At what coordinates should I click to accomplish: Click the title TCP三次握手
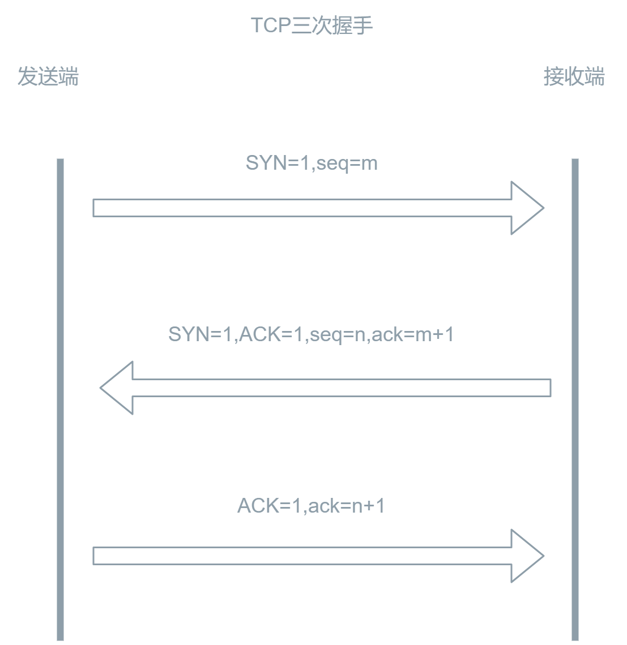click(x=312, y=26)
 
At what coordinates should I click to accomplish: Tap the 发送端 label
click(x=48, y=76)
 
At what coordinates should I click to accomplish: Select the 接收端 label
click(x=574, y=76)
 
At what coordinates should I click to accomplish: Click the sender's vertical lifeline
click(x=61, y=396)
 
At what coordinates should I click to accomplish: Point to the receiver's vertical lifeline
click(x=575, y=396)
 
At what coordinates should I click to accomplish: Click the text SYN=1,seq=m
click(x=312, y=164)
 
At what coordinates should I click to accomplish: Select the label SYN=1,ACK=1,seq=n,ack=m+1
click(x=311, y=334)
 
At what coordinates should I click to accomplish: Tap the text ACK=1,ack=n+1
click(x=311, y=505)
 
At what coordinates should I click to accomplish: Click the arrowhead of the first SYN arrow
click(x=526, y=208)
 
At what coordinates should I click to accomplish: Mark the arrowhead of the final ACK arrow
click(x=526, y=556)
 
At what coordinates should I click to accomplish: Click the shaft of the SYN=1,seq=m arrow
click(x=300, y=208)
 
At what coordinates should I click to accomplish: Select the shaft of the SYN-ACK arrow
click(x=340, y=388)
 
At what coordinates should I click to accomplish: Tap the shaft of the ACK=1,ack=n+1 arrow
click(x=300, y=556)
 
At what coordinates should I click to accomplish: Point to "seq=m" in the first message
click(x=347, y=164)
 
